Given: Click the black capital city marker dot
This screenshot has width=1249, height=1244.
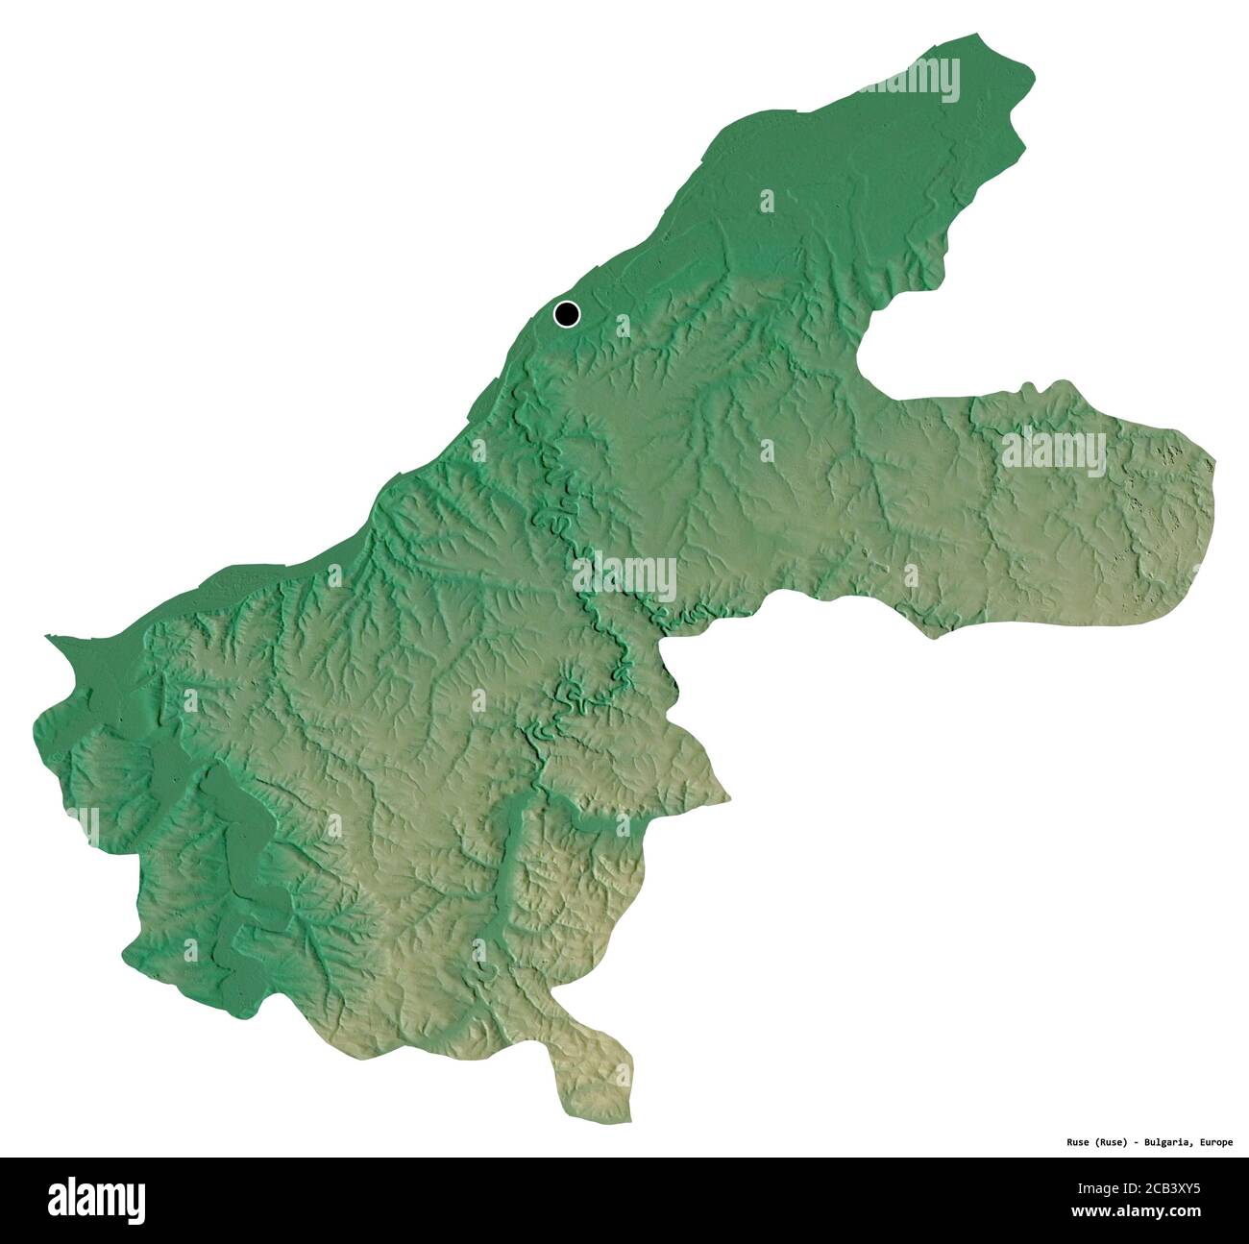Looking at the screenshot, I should pos(567,313).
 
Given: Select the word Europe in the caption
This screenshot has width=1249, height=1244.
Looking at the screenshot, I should pos(1215,1142).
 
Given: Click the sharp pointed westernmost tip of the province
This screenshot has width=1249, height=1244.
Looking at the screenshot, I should pos(46,636).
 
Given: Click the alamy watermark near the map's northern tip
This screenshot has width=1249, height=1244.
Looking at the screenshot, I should pos(909,80).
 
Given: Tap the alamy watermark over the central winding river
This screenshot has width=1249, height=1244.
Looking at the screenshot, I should pos(624,577).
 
